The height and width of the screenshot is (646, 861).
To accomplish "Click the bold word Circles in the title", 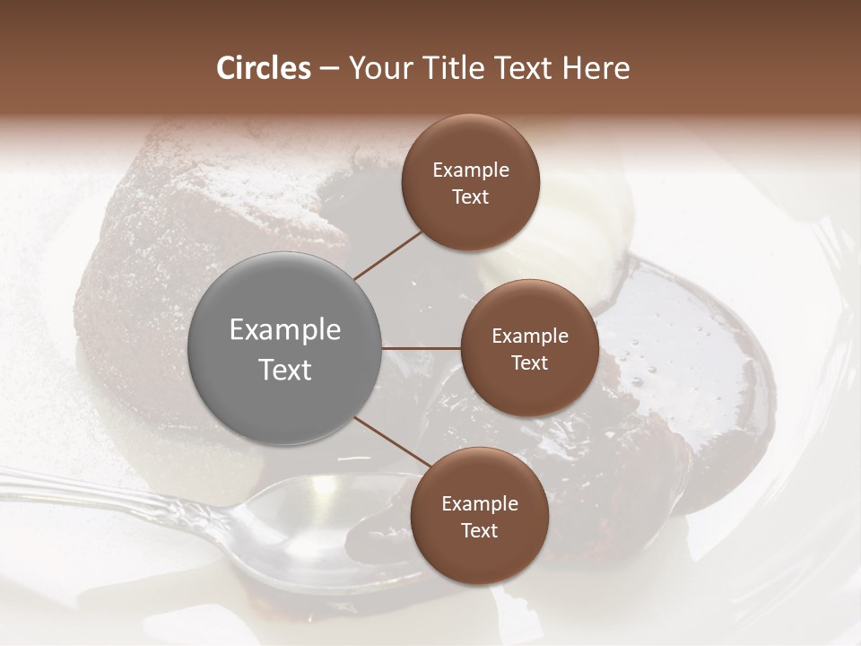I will click(263, 68).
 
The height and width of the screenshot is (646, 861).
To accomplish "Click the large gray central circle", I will click(285, 348).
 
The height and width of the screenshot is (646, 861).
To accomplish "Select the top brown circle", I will click(471, 183).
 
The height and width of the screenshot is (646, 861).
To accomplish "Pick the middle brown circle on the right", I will click(529, 348).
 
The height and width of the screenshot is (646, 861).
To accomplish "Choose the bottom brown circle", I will click(479, 516).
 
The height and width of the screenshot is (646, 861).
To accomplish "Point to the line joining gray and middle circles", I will click(421, 348).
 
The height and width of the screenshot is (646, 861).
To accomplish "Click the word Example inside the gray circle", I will click(285, 330).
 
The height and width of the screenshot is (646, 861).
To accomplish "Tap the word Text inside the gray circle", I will click(285, 369).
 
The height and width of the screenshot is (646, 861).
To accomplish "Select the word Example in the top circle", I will click(471, 170).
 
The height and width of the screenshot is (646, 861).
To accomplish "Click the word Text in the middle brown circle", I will click(529, 362).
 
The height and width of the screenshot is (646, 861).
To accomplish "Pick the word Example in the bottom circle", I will click(479, 503).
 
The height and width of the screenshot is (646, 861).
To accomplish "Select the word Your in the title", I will click(378, 68).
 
